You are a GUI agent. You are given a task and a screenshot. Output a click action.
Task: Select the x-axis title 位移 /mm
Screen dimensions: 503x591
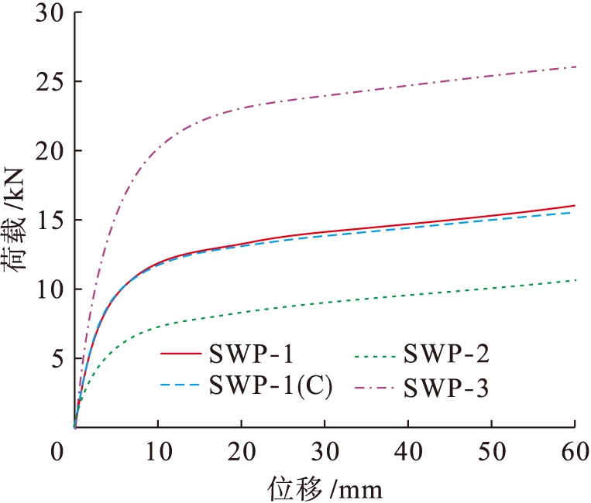pyautogui.click(x=325, y=488)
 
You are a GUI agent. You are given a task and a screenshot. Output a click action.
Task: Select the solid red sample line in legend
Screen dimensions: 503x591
pyautogui.click(x=181, y=357)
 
